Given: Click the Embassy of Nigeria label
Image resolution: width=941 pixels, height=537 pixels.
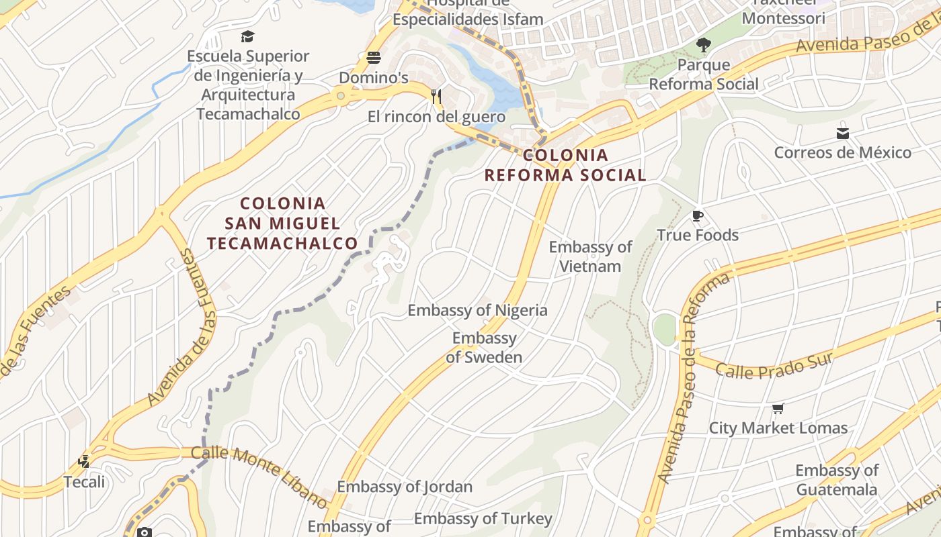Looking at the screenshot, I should pyautogui.click(x=477, y=310).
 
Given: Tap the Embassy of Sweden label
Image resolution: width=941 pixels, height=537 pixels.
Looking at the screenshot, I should pyautogui.click(x=484, y=348).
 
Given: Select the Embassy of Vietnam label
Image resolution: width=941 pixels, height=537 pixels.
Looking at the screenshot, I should pyautogui.click(x=590, y=256).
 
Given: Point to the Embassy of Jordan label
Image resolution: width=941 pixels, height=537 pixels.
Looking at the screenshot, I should pyautogui.click(x=405, y=487).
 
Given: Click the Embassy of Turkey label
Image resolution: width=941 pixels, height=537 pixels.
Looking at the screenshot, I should pyautogui.click(x=483, y=519).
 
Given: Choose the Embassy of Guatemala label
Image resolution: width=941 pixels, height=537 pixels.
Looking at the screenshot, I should pyautogui.click(x=837, y=480).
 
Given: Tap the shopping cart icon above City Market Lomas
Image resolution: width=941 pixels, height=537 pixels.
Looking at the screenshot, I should pyautogui.click(x=778, y=408).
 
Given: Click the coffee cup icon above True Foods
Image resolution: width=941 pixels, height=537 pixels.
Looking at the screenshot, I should pyautogui.click(x=698, y=215).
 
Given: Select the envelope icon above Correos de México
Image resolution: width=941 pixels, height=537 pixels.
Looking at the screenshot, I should pyautogui.click(x=843, y=133).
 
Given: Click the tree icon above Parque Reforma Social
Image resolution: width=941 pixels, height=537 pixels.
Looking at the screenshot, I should pyautogui.click(x=704, y=46).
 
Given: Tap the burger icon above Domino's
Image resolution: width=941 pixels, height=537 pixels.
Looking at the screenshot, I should pyautogui.click(x=374, y=58).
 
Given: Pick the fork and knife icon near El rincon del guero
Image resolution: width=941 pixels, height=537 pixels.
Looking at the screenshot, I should pyautogui.click(x=436, y=96).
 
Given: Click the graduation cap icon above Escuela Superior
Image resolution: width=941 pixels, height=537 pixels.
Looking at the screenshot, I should pyautogui.click(x=248, y=36).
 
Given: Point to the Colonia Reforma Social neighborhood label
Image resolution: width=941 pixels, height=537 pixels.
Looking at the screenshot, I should pyautogui.click(x=565, y=165).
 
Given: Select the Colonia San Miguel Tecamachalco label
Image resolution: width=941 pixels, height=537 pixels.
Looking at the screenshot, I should pyautogui.click(x=282, y=223).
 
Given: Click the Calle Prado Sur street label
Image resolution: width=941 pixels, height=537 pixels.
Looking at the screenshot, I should pyautogui.click(x=774, y=364).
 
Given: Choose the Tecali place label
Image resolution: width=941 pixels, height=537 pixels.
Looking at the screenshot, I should pyautogui.click(x=84, y=482).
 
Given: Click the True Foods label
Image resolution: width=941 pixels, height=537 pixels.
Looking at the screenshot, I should pyautogui.click(x=697, y=235).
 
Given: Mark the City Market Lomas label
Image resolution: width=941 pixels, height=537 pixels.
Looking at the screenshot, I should pyautogui.click(x=778, y=428).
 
